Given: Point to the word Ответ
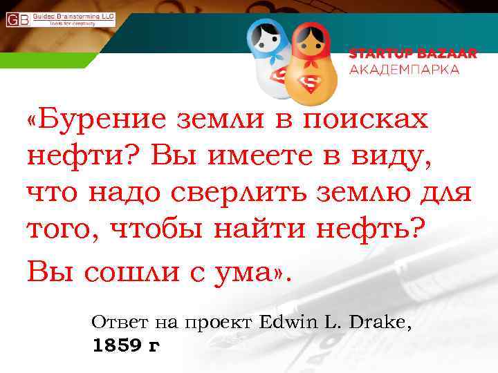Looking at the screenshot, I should click(115, 322).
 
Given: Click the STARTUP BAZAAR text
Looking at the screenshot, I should click(412, 54).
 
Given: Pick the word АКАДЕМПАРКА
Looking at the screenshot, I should click(404, 69).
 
